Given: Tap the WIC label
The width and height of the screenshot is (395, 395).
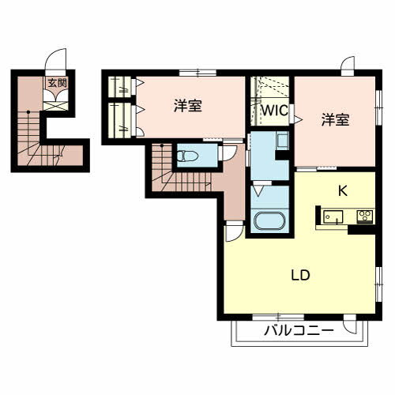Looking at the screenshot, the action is [x=274, y=111].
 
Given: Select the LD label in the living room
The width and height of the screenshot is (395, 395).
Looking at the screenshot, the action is [x=300, y=275].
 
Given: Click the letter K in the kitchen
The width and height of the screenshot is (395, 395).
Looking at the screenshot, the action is [x=343, y=190].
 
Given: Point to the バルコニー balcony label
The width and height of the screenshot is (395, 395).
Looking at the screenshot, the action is [x=299, y=330].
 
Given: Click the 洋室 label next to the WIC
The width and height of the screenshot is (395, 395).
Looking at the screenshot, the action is [x=335, y=120].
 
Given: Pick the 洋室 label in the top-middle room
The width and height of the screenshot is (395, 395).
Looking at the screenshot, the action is [x=188, y=105].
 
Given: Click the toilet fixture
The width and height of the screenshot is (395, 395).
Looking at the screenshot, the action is [x=187, y=156].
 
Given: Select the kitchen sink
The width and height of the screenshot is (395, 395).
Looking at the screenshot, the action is [x=333, y=216].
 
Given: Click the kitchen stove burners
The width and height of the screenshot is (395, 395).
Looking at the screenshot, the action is [x=365, y=216].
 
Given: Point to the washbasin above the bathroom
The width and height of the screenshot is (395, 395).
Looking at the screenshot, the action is [x=282, y=141].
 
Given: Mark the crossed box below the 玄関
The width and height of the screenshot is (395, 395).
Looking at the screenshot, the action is [x=55, y=106].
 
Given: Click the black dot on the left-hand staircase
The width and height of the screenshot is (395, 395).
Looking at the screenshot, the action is [x=28, y=112].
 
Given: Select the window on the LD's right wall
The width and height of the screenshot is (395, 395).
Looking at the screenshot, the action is [x=378, y=284].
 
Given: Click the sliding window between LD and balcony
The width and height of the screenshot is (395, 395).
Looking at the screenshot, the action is [x=278, y=317].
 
